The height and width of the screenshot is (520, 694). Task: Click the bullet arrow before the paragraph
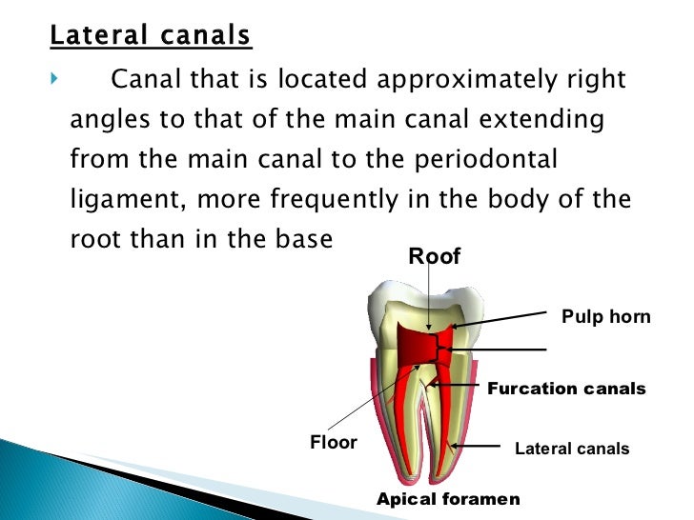[x=53, y=78]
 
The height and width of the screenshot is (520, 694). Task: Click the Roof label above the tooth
[x=435, y=256]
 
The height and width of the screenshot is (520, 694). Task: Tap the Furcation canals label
[x=566, y=389]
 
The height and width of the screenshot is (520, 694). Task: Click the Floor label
[x=334, y=443]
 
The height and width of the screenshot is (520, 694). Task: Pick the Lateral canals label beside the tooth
[x=572, y=449]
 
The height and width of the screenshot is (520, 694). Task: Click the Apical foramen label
[x=448, y=499]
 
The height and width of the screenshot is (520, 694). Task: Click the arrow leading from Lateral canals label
[x=477, y=446]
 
